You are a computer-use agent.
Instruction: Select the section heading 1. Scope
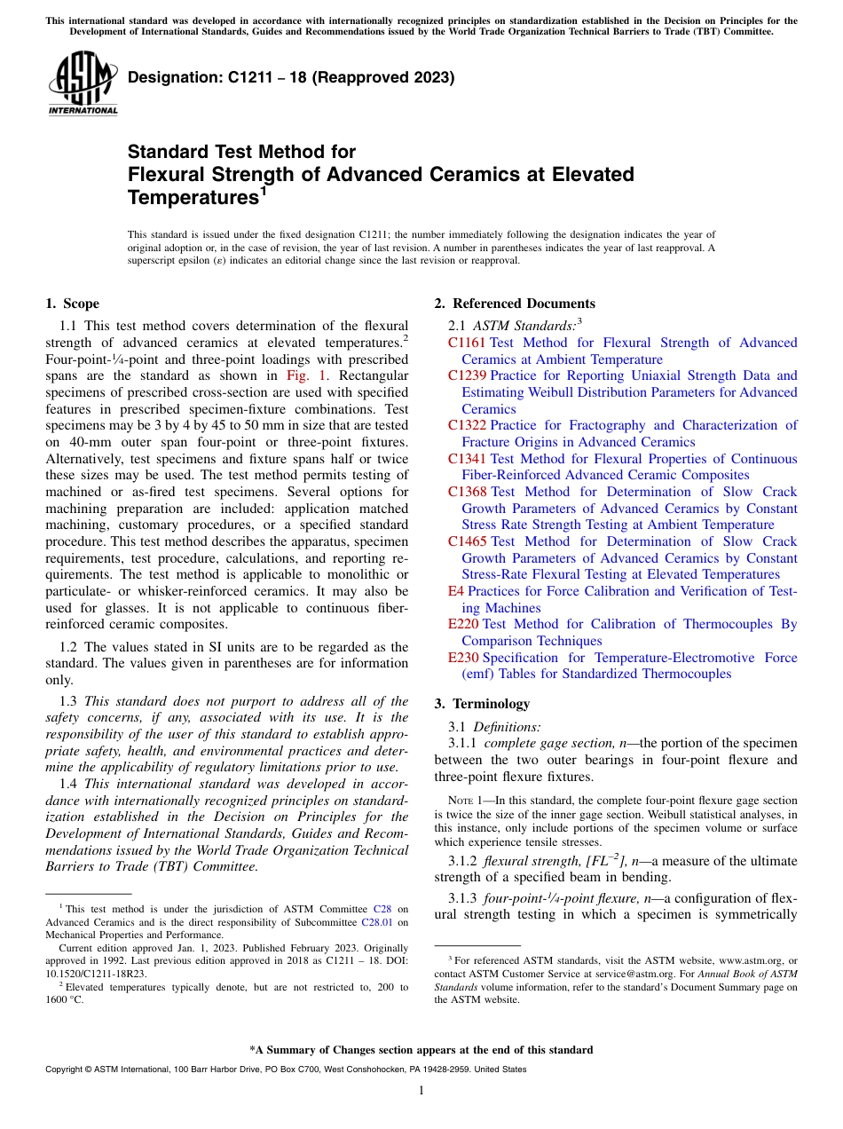73,304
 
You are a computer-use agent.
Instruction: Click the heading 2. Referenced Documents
515,304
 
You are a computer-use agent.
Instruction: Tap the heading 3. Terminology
482,704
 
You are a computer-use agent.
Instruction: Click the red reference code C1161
467,343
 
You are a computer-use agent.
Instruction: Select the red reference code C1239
467,375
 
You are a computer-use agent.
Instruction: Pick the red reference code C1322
467,425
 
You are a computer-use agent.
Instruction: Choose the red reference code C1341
467,459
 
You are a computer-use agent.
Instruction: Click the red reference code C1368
467,492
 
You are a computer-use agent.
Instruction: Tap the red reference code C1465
467,541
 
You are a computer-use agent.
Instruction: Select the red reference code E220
463,624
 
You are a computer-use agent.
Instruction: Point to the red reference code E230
463,658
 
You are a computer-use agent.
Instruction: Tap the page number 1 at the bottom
421,1091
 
